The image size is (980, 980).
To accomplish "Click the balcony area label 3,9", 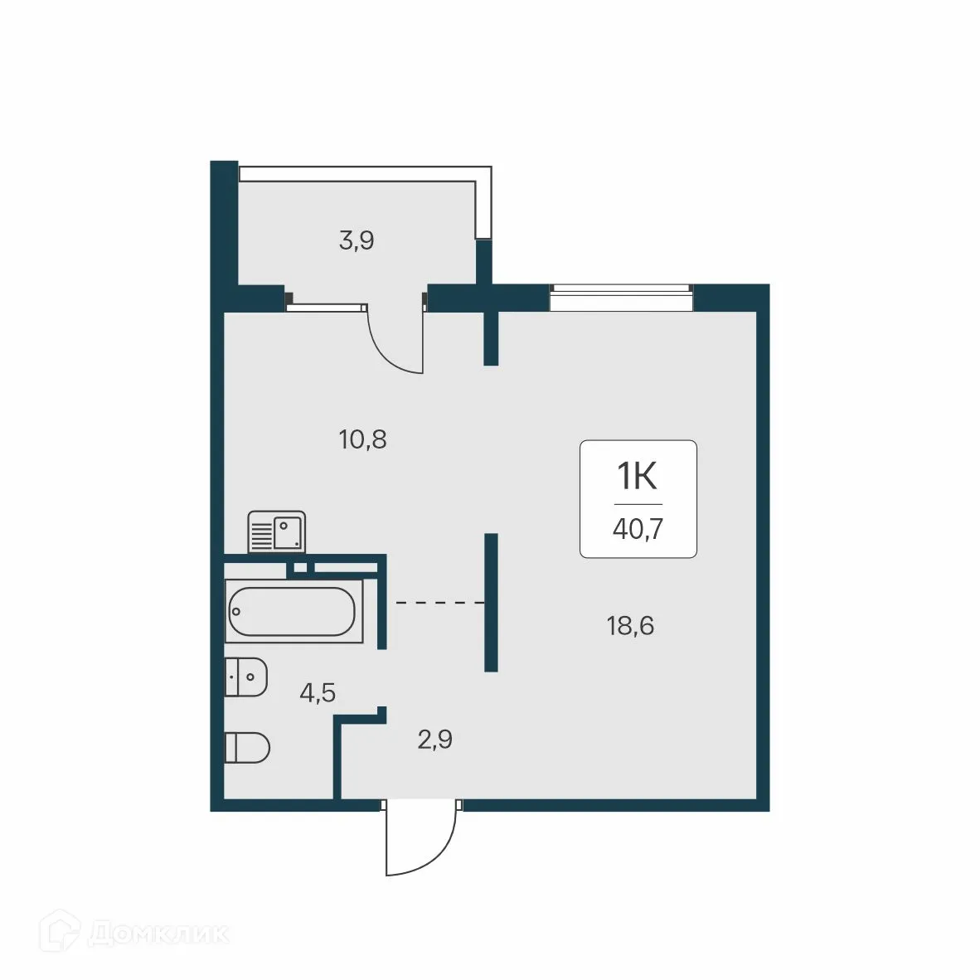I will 357,241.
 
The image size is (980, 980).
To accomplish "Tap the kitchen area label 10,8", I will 363,439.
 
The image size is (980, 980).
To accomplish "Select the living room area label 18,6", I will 630,626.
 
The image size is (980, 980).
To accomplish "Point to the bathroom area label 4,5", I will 318,692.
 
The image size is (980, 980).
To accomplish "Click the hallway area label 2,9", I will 434,740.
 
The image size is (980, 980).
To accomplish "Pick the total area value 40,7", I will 638,529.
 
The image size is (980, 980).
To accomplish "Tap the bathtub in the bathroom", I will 294,612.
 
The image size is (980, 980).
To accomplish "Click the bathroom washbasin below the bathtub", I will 246,677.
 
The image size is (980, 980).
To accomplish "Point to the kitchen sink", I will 277,532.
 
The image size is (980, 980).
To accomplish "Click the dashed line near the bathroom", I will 439,604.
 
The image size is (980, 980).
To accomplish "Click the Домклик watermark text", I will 158,934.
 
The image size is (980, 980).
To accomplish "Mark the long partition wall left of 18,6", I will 491,602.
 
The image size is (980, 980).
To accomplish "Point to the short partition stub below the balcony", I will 491,337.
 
